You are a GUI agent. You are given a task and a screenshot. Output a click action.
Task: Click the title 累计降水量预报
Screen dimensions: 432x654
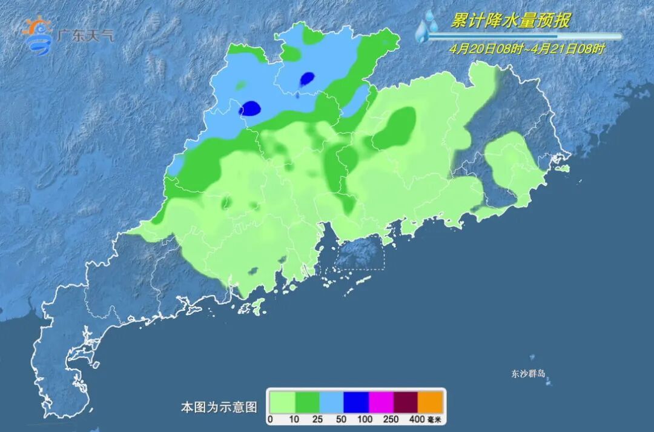coord(510,21)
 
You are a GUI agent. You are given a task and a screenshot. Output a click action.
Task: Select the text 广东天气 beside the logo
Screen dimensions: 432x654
coord(85,35)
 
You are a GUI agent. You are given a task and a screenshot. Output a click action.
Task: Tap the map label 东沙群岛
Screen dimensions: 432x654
coord(528,374)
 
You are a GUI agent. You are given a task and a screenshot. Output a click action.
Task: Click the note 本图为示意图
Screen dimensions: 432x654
coord(219,407)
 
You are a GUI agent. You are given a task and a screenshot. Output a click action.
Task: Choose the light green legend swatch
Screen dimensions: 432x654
coord(282,402)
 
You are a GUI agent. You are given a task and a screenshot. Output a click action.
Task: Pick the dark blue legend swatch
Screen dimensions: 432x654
coord(356,402)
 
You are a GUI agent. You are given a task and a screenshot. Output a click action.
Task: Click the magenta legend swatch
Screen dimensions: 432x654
coord(381,402)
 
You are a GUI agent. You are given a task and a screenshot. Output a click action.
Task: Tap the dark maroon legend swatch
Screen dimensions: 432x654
coord(406,402)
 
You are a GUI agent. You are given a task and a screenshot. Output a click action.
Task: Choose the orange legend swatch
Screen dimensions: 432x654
coord(431,402)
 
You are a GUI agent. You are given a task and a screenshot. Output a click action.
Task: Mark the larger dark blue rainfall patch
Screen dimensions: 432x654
coord(249,109)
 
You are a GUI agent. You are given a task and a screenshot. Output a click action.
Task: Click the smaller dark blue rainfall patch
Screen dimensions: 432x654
coord(307,78)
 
